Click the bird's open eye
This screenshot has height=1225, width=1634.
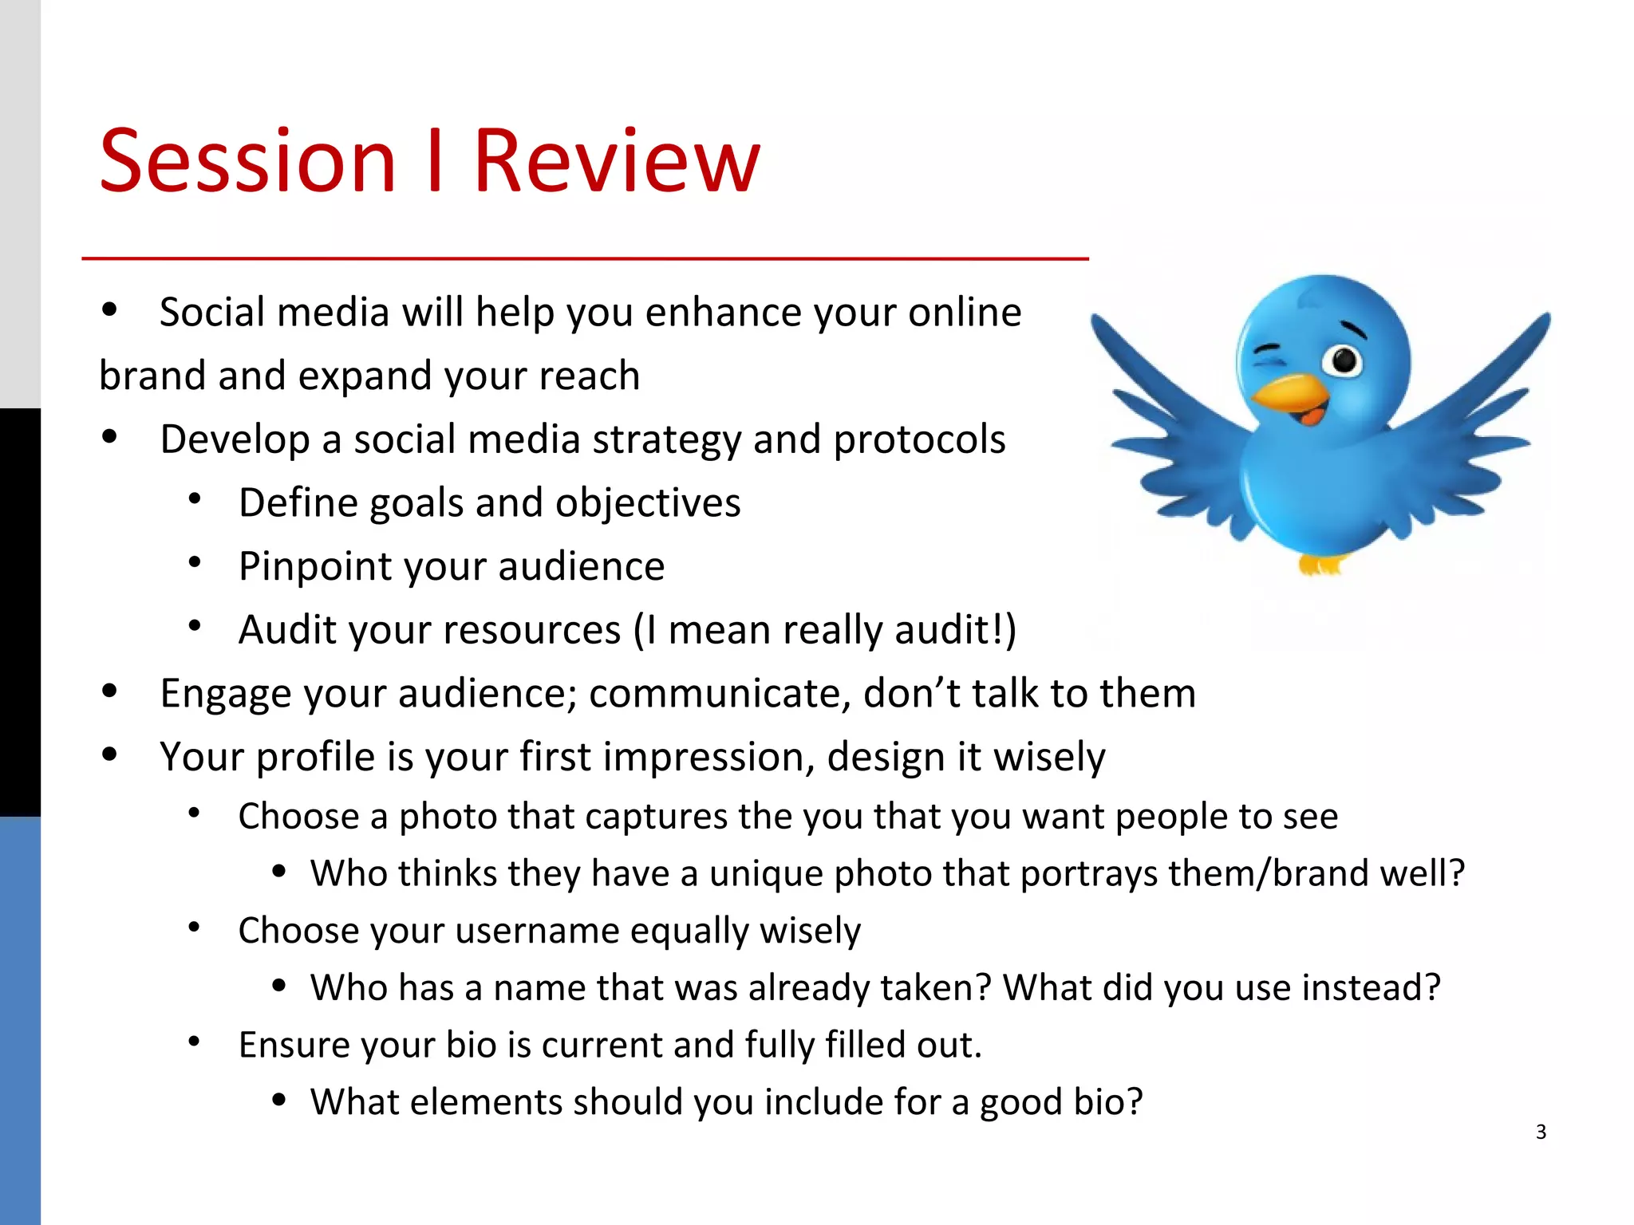coord(1344,360)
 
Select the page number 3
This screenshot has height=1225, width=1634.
coord(1541,1132)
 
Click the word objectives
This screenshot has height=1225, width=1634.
coord(648,504)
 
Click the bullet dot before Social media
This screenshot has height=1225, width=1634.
coord(110,310)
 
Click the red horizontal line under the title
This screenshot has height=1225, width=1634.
coord(585,258)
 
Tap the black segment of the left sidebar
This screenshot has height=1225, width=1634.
coord(20,612)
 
